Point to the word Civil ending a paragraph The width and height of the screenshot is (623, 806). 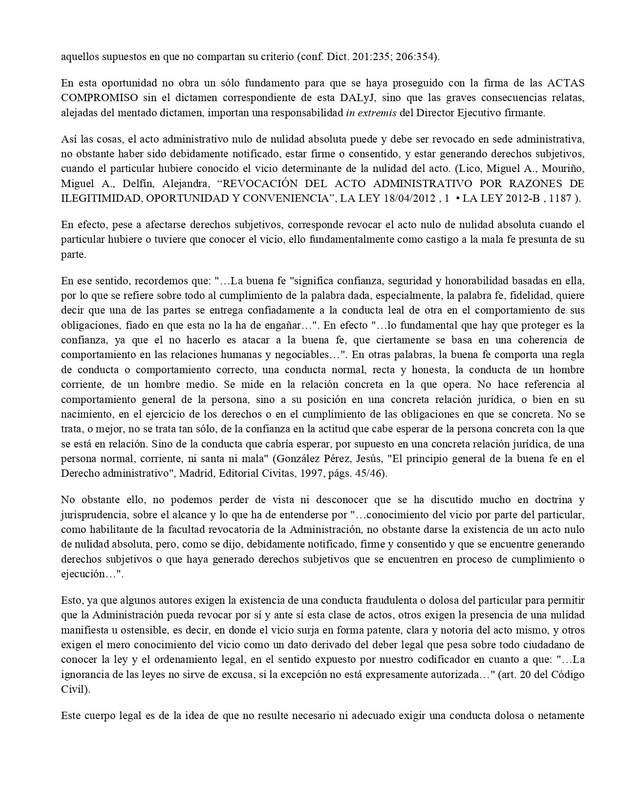[x=73, y=689]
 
